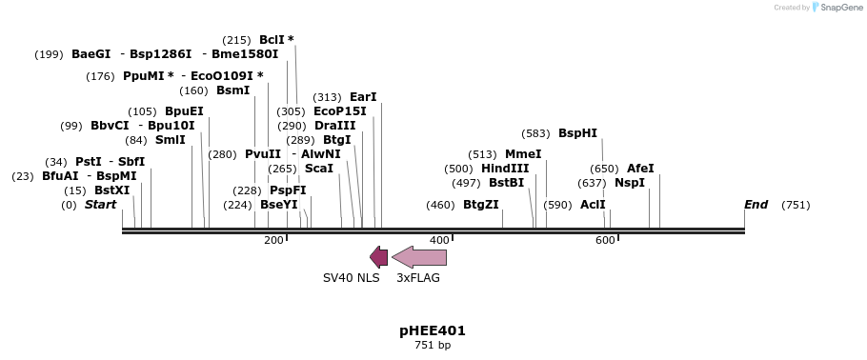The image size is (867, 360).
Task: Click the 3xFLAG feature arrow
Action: pos(419,257)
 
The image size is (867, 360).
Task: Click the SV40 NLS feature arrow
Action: pos(378,257)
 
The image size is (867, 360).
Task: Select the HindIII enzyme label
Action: pos(505,169)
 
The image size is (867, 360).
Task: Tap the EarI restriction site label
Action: pos(363,97)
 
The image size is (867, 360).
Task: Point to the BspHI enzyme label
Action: pos(577,133)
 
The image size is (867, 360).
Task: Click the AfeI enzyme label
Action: pos(640,169)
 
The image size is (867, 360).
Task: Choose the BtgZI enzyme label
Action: pos(480,205)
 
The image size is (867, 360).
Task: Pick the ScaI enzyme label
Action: pos(319,169)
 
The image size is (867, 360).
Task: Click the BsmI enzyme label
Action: pos(232,90)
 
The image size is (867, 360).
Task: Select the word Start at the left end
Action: pos(100,205)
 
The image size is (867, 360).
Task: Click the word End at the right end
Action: pos(756,205)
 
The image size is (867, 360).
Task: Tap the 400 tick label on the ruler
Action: pos(439,240)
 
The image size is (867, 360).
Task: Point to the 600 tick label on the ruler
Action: pos(605,240)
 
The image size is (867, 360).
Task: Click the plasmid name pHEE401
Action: pos(433,330)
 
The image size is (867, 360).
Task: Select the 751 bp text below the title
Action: pos(433,345)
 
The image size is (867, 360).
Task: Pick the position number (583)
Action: pos(536,133)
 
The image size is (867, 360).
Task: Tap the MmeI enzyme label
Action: pos(523,154)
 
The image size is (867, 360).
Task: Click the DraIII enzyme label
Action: pos(334,126)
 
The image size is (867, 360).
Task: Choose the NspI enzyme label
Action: pos(630,183)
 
